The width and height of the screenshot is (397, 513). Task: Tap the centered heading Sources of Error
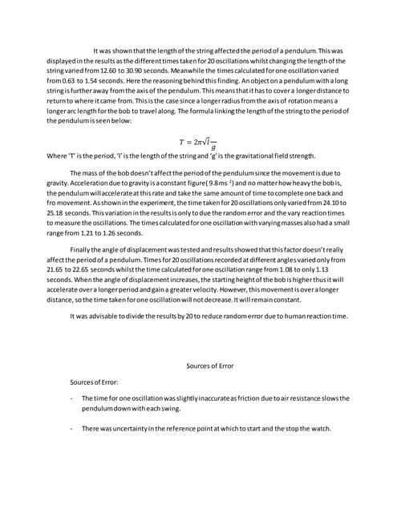(209, 366)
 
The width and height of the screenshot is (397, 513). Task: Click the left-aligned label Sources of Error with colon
(95, 382)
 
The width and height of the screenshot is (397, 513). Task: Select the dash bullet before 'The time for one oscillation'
(73, 398)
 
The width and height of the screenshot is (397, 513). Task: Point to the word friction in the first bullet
(247, 398)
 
